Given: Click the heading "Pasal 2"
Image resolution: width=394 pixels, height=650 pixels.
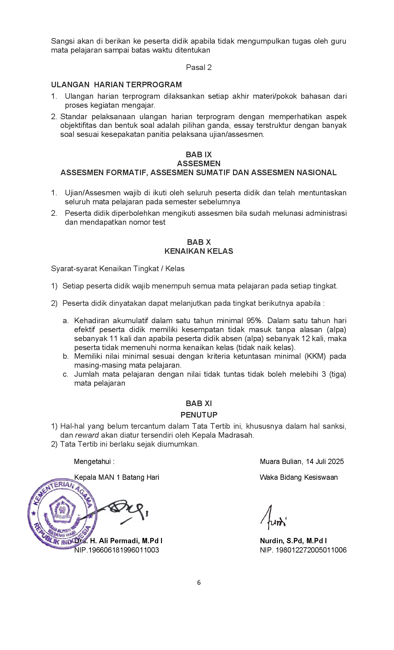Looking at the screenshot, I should [199, 67].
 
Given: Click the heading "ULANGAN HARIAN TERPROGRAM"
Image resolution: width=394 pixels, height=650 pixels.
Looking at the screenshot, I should [117, 84].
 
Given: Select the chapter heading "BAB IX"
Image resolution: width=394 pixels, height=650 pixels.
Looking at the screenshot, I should [199, 154].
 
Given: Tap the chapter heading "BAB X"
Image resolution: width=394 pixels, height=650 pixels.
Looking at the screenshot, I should [199, 242].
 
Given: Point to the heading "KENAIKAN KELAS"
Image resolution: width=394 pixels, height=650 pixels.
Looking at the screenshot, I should [199, 251].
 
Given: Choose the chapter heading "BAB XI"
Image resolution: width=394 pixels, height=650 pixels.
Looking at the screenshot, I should [199, 403].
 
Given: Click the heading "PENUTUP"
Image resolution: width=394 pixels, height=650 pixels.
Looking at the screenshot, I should [199, 415].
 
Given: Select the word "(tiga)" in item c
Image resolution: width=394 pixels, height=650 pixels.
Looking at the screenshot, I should [337, 374].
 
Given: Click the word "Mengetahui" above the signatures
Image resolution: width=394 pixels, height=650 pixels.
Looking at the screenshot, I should [92, 461].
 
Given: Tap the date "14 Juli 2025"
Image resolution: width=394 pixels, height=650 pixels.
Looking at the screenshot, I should [325, 461].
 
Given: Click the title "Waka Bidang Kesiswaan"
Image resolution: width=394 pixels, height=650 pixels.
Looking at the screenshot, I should [299, 477].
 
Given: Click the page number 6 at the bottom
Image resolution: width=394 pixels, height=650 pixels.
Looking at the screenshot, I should [199, 583].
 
